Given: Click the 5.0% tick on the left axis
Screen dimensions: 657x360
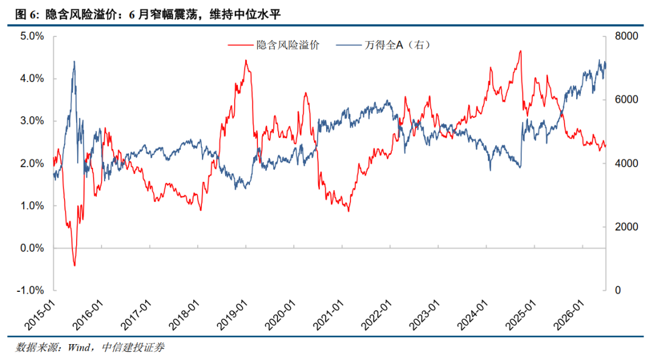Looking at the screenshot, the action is point(32,36).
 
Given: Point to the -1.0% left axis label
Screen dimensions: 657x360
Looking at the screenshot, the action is point(30,290).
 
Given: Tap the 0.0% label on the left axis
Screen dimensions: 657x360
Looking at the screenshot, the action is point(32,247).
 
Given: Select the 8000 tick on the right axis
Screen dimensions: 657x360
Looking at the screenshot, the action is point(627,36).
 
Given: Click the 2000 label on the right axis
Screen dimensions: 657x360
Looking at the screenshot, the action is point(627,227).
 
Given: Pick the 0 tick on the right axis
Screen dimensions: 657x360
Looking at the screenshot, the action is point(617,290).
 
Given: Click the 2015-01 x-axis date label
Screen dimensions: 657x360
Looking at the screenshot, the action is point(40,315).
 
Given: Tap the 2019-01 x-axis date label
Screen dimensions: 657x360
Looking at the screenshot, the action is point(232,315).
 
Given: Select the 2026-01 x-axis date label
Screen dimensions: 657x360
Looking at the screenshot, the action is point(569,315).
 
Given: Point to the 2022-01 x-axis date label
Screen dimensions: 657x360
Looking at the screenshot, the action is point(377,315).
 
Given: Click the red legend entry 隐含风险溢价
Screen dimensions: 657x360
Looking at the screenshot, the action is point(274,45).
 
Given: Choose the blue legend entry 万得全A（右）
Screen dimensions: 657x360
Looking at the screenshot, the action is point(383,45).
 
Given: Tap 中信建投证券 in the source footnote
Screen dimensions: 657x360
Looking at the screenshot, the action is point(133,347).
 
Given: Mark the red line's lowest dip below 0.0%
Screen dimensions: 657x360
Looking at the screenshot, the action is point(75,265).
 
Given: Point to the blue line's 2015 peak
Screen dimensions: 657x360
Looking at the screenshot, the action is point(74,61).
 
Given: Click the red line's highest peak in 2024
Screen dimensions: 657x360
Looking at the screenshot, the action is point(520,51).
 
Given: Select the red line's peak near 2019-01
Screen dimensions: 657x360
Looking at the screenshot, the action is point(246,60).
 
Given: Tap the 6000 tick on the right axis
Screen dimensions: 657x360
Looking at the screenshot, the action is point(627,100).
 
